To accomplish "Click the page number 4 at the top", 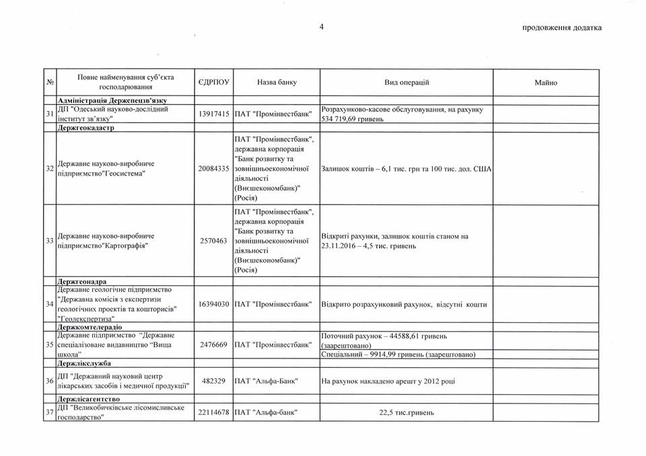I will point(321,27).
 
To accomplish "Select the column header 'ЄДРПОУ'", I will point(213,82).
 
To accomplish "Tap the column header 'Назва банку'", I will point(276,82).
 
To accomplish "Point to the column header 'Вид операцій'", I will point(406,82).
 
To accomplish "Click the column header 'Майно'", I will point(546,83).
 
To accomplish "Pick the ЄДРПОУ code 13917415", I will point(215,114).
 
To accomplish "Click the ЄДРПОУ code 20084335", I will point(215,168).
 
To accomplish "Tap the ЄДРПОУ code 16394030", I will point(215,305).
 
